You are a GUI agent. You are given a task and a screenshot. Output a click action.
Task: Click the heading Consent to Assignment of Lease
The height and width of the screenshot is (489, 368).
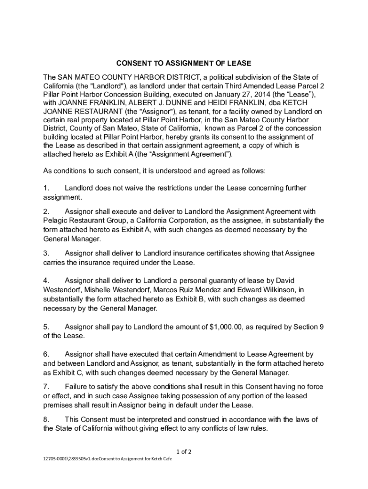click(184, 63)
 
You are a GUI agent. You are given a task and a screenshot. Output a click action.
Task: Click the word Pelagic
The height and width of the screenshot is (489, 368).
click(57, 220)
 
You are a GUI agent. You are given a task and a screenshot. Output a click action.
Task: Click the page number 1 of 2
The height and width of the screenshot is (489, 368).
click(184, 452)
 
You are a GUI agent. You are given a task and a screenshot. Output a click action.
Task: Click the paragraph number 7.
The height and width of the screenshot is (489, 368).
click(46, 386)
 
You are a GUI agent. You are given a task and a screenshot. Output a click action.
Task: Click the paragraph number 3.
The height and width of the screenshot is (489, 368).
click(46, 253)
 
